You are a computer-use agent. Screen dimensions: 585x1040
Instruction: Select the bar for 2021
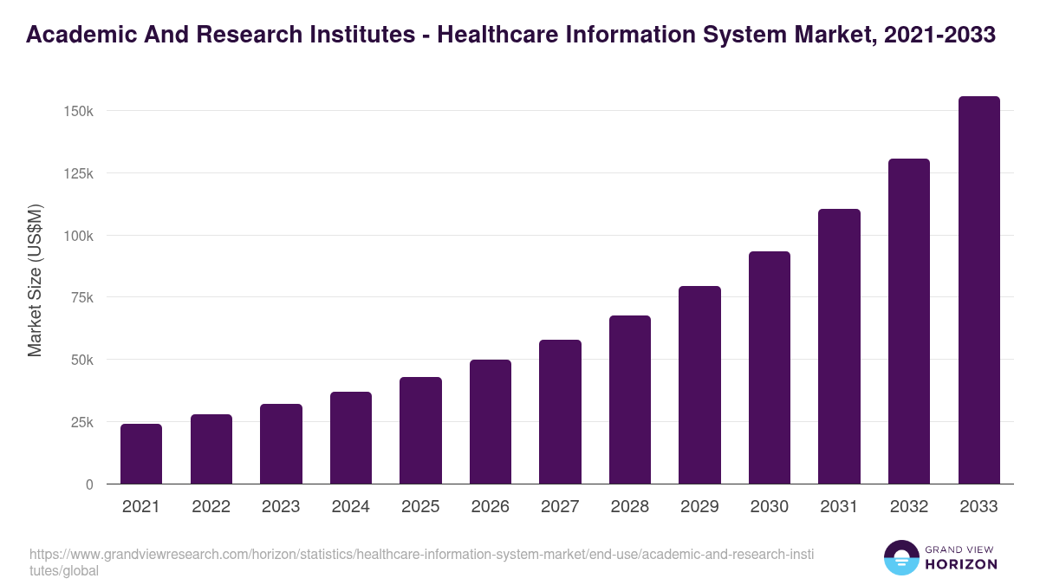coord(140,454)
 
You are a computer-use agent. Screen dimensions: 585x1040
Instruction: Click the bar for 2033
coord(978,290)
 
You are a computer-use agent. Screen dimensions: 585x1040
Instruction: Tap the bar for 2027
coord(560,412)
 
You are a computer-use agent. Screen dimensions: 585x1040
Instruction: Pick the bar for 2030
coord(770,367)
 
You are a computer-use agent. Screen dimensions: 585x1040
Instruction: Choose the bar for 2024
coord(350,438)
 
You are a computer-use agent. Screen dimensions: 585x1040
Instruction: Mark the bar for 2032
coord(908,322)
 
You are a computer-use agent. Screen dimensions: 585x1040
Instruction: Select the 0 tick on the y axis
coord(88,484)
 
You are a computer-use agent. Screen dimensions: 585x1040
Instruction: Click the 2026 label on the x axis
coord(490,507)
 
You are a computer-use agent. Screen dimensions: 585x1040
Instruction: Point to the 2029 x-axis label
coord(699,507)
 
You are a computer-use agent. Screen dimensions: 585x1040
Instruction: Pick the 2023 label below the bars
coord(280,507)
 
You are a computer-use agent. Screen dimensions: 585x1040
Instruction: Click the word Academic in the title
coord(76,36)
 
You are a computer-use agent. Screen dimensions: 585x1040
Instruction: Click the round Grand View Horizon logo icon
coord(900,557)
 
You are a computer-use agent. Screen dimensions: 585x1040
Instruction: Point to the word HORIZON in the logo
coord(961,564)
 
